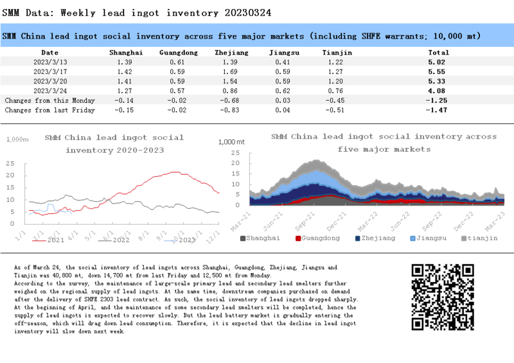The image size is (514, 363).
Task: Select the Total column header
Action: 438,52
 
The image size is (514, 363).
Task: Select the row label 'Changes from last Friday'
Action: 49,111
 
